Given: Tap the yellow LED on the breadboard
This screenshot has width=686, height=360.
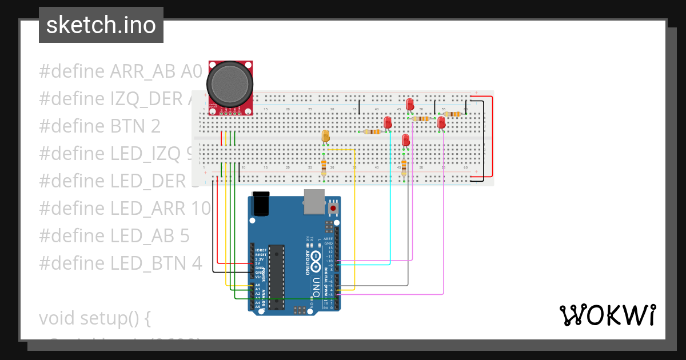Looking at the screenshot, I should pos(325,136).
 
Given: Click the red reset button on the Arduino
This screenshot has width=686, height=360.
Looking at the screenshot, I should pos(333,209).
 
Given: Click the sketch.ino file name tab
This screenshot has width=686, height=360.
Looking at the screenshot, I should pos(101,25).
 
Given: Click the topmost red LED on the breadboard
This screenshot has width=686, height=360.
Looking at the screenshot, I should pos(410,104).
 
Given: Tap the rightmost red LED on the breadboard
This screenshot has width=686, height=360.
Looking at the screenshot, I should pos(441,122).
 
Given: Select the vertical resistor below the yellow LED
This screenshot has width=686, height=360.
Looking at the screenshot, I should pos(324,167).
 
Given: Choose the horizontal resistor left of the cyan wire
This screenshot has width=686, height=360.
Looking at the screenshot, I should pos(372,132).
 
